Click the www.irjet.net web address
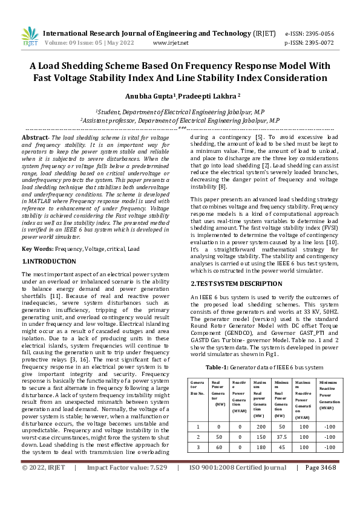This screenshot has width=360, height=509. point(171,43)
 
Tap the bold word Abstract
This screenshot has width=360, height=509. point(34,138)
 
